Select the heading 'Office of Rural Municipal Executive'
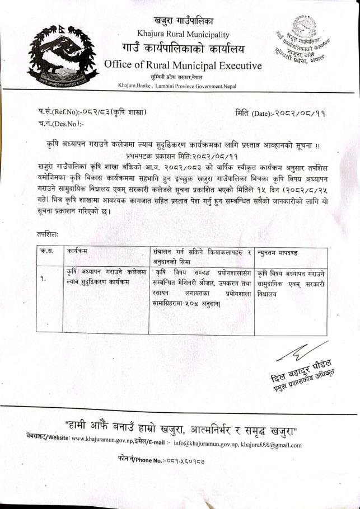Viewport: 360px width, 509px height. pyautogui.click(x=183, y=65)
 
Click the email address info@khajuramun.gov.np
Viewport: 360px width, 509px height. pyautogui.click(x=204, y=446)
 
